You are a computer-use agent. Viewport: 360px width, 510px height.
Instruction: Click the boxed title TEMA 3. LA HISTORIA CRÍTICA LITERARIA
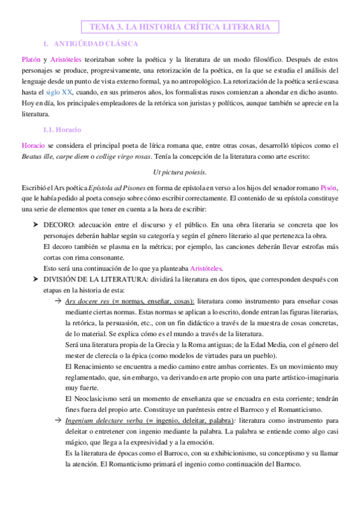click(x=180, y=26)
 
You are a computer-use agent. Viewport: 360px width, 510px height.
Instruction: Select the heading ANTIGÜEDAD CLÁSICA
click(x=96, y=44)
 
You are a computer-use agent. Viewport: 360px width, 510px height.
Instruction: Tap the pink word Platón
click(x=31, y=60)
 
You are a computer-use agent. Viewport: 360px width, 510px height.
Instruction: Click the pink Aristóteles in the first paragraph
click(x=68, y=60)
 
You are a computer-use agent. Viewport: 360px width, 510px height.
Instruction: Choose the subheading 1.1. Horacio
click(x=62, y=129)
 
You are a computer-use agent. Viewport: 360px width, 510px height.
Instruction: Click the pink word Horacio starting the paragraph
click(x=33, y=146)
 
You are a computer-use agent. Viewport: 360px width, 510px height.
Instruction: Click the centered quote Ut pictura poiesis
click(x=180, y=172)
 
